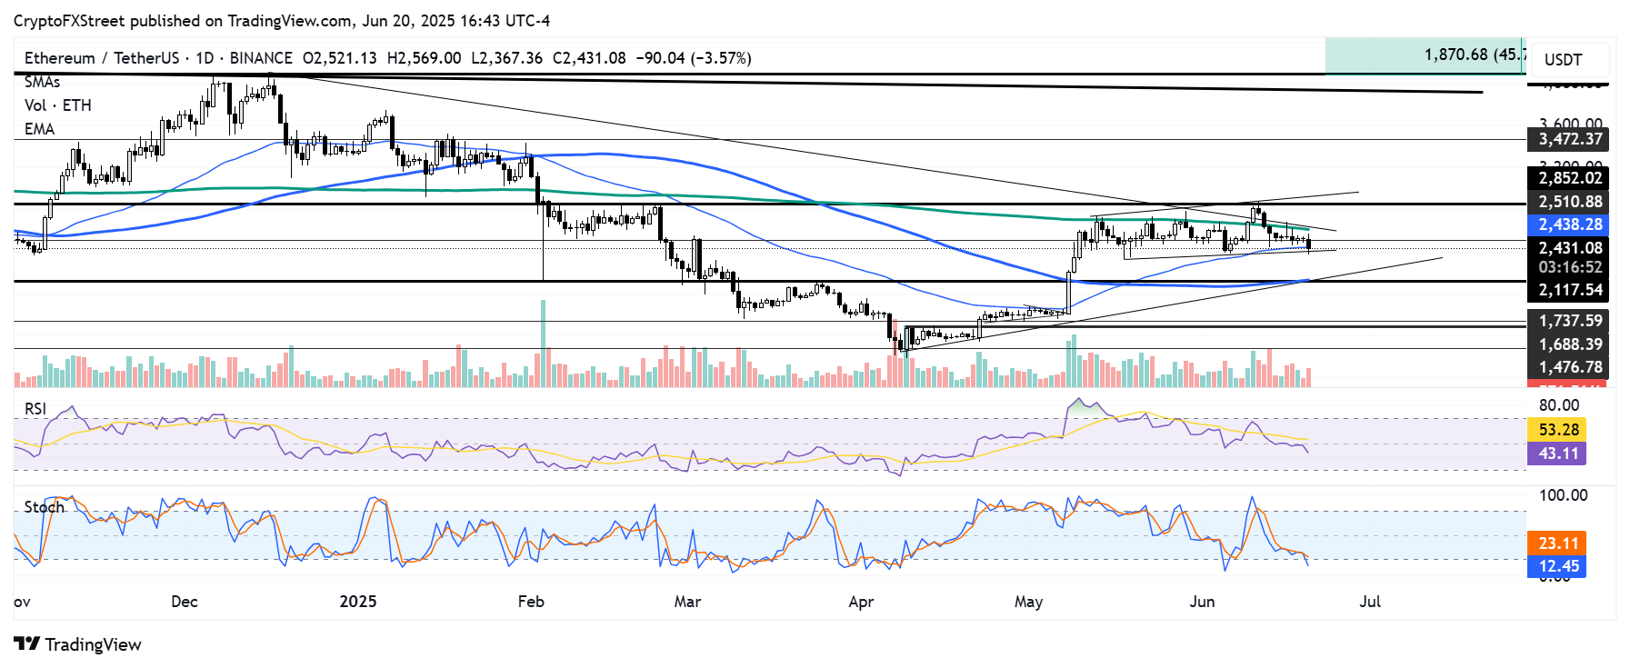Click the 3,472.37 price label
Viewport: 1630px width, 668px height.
tap(1569, 139)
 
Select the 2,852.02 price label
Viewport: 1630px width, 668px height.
tap(1569, 178)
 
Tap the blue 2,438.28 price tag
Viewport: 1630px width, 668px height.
tap(1569, 224)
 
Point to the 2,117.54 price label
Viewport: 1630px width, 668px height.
tap(1569, 290)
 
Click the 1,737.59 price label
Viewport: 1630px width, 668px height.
tap(1569, 321)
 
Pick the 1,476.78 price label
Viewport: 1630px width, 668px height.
tap(1569, 367)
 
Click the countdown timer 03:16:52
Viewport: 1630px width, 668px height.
tap(1569, 267)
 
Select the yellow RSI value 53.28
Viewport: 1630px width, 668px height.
tap(1558, 430)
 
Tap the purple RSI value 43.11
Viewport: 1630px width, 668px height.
tap(1558, 453)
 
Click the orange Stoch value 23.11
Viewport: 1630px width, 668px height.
tap(1558, 543)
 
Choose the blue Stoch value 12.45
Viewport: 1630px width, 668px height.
tap(1558, 566)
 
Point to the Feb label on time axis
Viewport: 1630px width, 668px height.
tap(530, 602)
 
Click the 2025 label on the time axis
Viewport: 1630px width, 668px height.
tap(357, 602)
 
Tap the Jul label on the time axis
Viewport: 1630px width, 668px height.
tap(1369, 602)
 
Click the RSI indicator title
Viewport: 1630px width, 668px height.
tap(35, 409)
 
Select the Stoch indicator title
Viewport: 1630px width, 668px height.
tap(44, 507)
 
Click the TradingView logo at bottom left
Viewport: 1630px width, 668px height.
tap(78, 644)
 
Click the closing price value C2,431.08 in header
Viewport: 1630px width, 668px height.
tap(589, 58)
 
